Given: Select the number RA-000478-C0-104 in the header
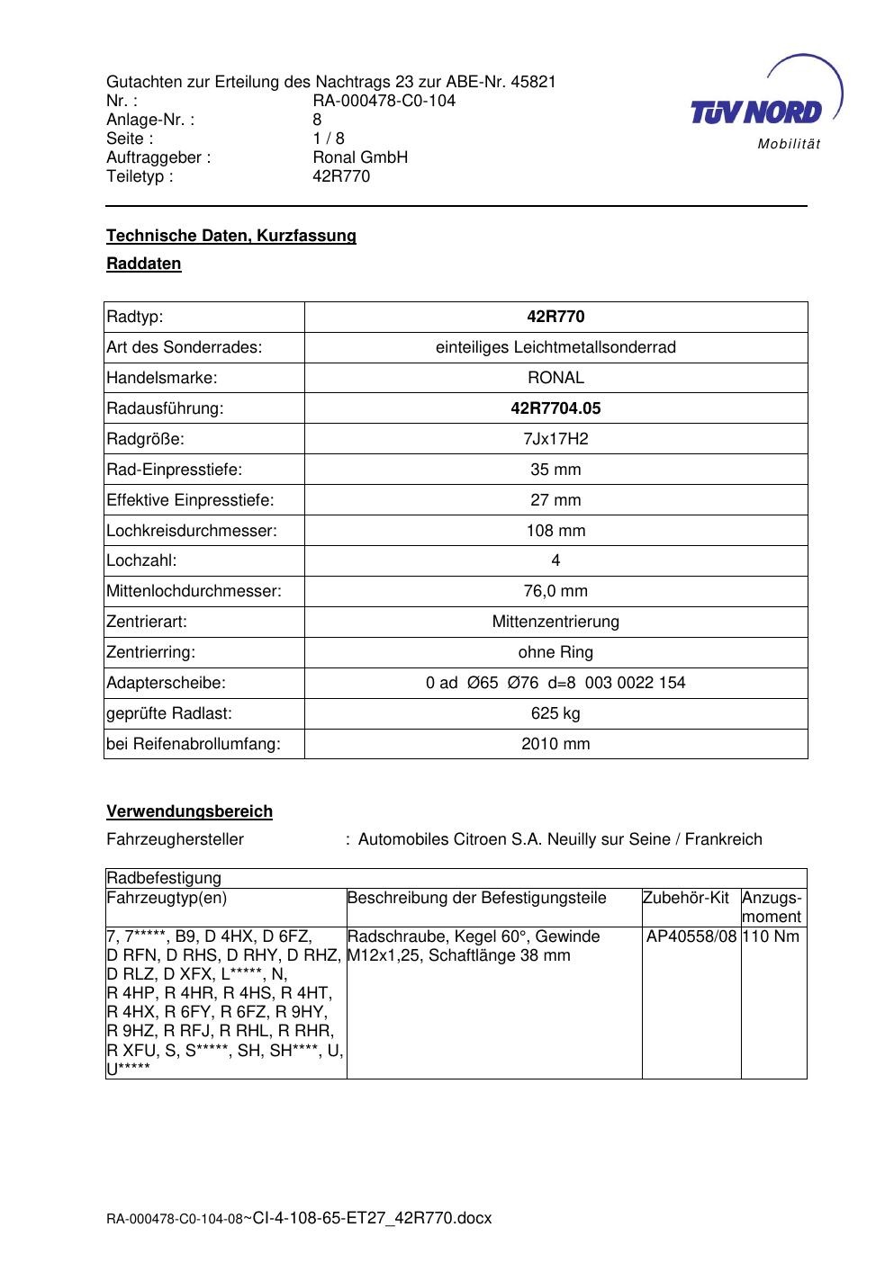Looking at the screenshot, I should [x=384, y=101].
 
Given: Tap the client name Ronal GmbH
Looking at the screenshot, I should [x=360, y=157].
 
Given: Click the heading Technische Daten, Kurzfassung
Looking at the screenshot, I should [x=231, y=236].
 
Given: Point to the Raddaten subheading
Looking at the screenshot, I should [x=144, y=264].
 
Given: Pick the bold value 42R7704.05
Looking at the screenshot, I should [x=555, y=408].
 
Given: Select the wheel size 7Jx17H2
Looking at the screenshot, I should [x=555, y=439].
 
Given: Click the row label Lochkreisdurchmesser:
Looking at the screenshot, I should [x=192, y=531].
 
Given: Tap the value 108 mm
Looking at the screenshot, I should [x=555, y=531].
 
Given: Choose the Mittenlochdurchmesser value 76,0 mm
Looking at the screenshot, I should [x=555, y=591].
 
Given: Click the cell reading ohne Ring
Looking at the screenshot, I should [x=555, y=652].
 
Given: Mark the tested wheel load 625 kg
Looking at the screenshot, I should [x=555, y=713].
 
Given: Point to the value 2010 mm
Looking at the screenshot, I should [x=555, y=744].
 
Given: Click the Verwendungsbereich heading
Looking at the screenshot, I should [x=190, y=811].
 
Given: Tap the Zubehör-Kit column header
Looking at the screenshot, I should [x=686, y=898].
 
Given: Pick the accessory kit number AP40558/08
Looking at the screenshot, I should [x=691, y=936].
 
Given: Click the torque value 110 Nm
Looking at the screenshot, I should [x=773, y=936].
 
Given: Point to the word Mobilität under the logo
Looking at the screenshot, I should [x=789, y=145].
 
